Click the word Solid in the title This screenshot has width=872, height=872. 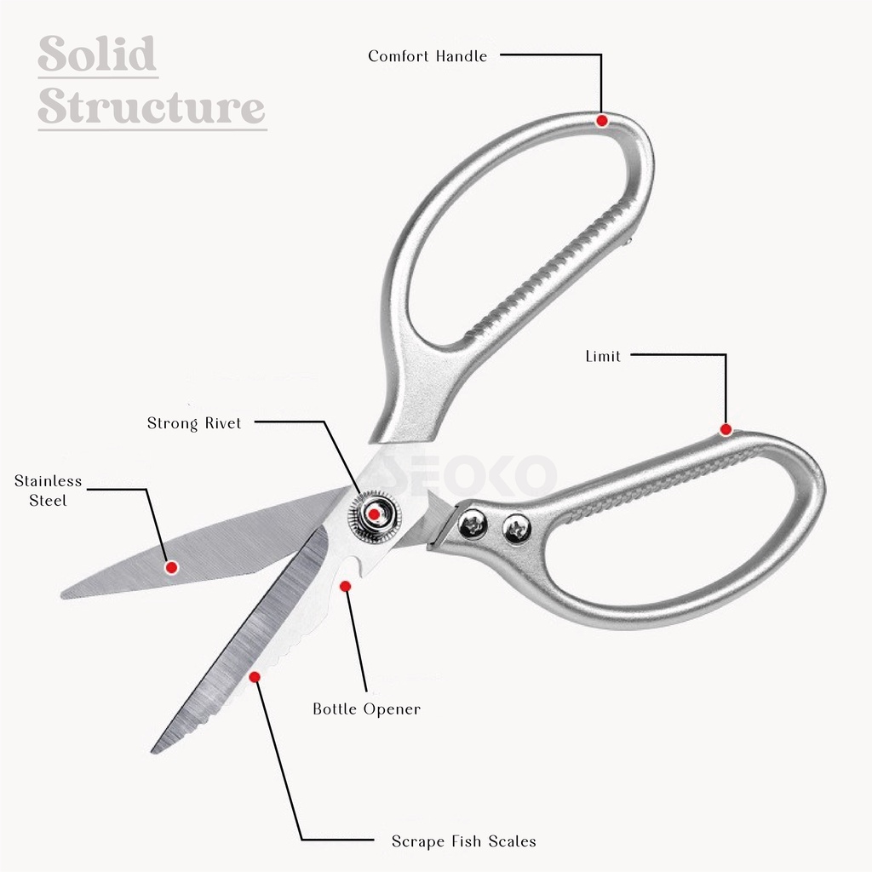point(98,55)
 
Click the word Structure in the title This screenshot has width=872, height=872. point(152,108)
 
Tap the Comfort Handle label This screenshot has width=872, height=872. point(427,56)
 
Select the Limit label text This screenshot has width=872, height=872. point(603,356)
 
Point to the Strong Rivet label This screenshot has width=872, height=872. point(194,423)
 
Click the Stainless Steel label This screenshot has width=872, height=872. point(48,491)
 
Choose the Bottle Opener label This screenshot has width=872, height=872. point(366,708)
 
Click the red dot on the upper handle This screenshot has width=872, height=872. point(602,120)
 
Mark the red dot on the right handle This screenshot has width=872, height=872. point(726,430)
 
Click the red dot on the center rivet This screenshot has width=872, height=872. point(373,514)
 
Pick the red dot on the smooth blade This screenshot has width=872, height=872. point(171,566)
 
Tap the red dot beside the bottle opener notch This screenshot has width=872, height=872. point(345,586)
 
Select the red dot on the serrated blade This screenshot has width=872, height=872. point(254,676)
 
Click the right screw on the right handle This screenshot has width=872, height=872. point(514,530)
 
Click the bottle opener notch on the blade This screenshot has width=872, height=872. point(348,565)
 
